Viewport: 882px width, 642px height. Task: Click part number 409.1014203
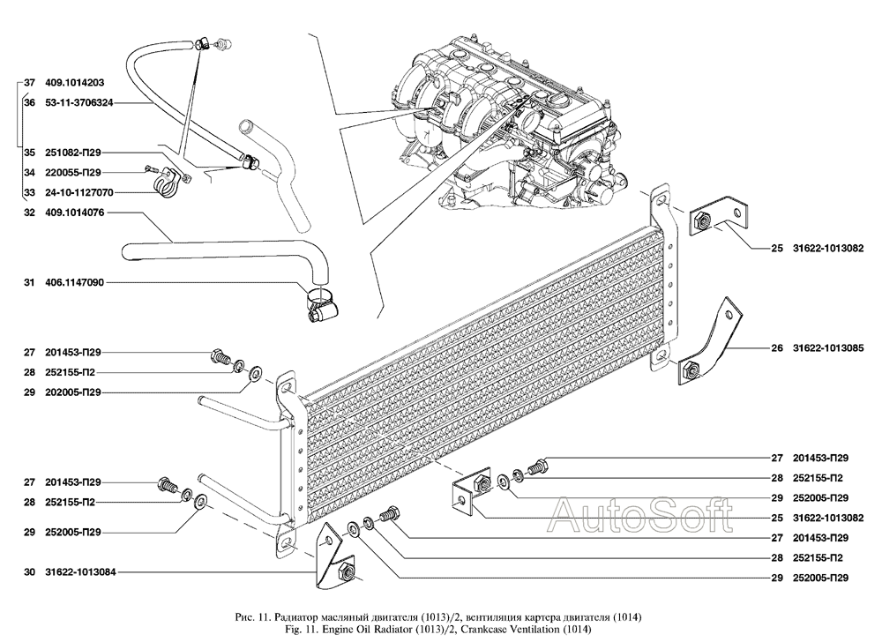pyautogui.click(x=74, y=83)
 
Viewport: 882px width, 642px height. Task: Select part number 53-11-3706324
pyautogui.click(x=78, y=103)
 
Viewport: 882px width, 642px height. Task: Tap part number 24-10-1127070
pyautogui.click(x=78, y=192)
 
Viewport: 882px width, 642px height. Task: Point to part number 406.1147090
pyautogui.click(x=74, y=282)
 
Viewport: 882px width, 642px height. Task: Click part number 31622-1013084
pyautogui.click(x=80, y=572)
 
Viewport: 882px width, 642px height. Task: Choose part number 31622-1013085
pyautogui.click(x=828, y=348)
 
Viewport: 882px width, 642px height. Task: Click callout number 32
pyautogui.click(x=29, y=213)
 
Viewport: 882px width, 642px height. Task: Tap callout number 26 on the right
pyautogui.click(x=777, y=348)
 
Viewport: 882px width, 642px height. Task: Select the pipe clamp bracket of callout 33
pyautogui.click(x=165, y=183)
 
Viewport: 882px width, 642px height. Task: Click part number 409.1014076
pyautogui.click(x=74, y=213)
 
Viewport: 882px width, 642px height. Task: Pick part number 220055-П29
pyautogui.click(x=73, y=173)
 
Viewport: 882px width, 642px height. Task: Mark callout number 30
pyautogui.click(x=29, y=572)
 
